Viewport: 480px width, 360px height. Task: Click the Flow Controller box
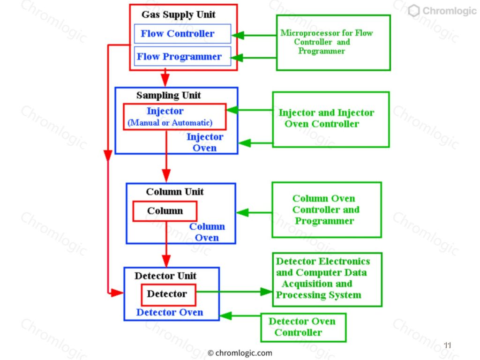click(182, 34)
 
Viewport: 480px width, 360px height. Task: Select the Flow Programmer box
click(182, 57)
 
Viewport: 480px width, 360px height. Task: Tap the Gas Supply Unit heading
click(179, 15)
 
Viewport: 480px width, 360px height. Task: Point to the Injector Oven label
click(205, 142)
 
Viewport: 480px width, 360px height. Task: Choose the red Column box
click(165, 211)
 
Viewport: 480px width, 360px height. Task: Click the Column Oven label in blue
click(207, 232)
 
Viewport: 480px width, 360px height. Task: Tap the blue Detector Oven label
click(170, 313)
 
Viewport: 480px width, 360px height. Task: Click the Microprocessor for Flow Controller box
click(333, 43)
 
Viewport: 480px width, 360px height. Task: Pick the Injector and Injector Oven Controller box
click(330, 119)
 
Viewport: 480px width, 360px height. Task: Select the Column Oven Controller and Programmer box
click(326, 210)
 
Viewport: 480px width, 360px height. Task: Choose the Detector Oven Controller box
click(303, 327)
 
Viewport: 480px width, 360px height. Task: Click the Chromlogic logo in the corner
click(442, 11)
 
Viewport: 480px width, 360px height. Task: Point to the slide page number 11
click(447, 345)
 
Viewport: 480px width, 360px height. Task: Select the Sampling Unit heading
click(169, 96)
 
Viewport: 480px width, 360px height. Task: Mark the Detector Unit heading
click(165, 276)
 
